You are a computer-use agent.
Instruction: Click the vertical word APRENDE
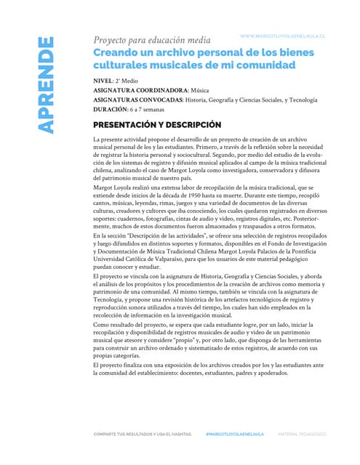coord(45,94)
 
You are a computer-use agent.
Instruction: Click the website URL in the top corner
coord(281,35)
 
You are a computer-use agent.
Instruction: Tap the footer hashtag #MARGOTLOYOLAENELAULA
coord(236,434)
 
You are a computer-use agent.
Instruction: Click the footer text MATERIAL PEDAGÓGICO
coord(303,434)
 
